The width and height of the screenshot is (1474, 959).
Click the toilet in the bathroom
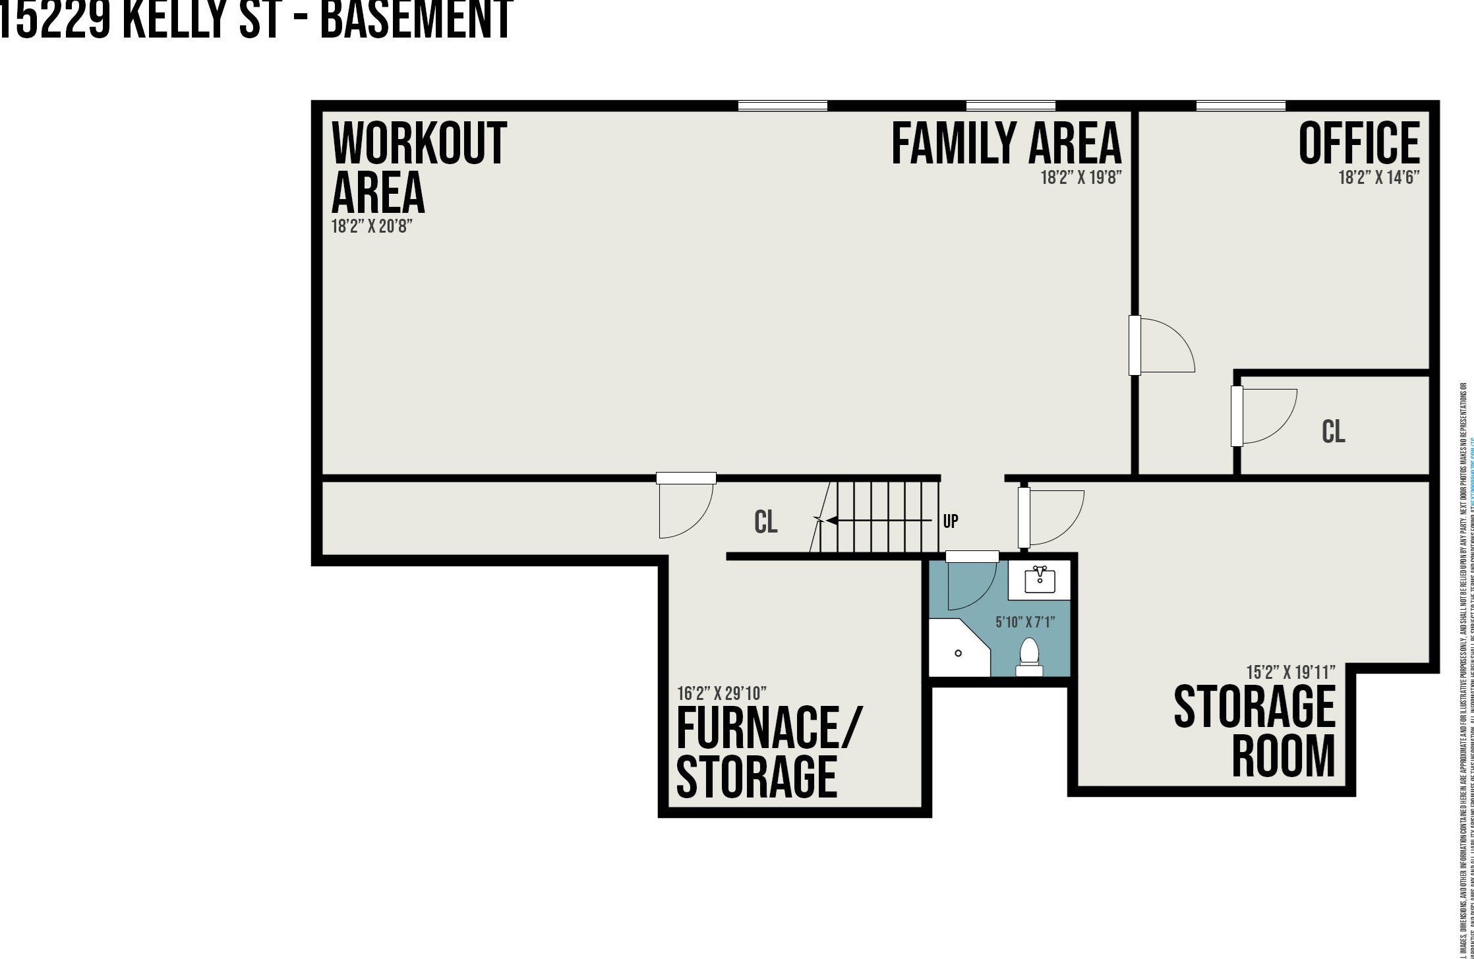pyautogui.click(x=1029, y=656)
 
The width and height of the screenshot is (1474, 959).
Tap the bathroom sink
pyautogui.click(x=1040, y=581)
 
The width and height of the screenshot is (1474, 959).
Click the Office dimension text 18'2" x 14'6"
pyautogui.click(x=1378, y=178)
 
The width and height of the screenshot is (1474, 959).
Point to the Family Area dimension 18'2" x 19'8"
pyautogui.click(x=1080, y=178)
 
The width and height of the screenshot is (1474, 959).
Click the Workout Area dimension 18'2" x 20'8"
pyautogui.click(x=372, y=227)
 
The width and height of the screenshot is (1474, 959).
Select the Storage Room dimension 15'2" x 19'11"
pyautogui.click(x=1290, y=673)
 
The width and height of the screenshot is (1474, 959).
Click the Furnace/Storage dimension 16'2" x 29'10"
pyautogui.click(x=722, y=694)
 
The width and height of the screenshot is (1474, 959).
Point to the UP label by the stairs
pyautogui.click(x=951, y=521)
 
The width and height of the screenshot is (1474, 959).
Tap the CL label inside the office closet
pyautogui.click(x=1333, y=432)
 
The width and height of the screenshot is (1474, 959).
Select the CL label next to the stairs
pyautogui.click(x=765, y=522)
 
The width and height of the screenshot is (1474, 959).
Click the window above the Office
pyautogui.click(x=1241, y=105)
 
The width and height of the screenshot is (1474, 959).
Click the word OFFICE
pyautogui.click(x=1359, y=143)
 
